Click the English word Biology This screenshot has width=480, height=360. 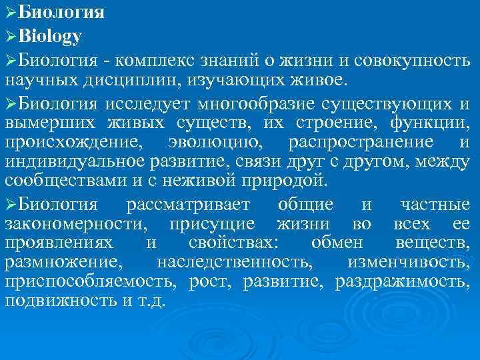pyautogui.click(x=50, y=35)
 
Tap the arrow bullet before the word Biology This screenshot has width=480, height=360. pyautogui.click(x=10, y=35)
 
